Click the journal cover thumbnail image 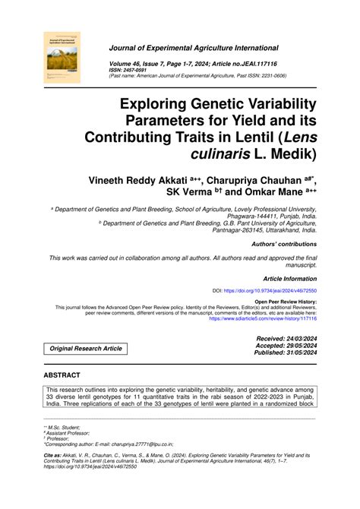[x=61, y=57]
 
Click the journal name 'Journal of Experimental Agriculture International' [x=194, y=47]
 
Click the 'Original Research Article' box [x=86, y=348]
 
